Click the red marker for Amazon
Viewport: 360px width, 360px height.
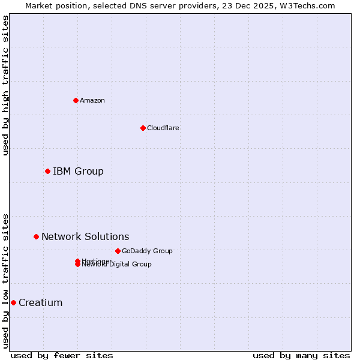pos(76,100)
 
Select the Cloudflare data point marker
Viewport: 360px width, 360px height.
pos(143,128)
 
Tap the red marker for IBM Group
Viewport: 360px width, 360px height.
pos(47,172)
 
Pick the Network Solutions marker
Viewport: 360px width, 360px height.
pos(36,237)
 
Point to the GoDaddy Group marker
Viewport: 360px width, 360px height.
pos(118,251)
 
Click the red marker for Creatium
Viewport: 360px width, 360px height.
pos(13,302)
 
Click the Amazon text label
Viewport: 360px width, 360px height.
pos(92,100)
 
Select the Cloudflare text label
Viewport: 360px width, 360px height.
pos(163,128)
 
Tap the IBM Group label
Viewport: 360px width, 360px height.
pos(78,172)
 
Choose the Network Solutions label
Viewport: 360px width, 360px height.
pos(85,237)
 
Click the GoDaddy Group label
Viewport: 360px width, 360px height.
pos(147,251)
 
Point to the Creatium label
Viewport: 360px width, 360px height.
pos(40,302)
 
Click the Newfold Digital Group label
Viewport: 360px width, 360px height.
pos(118,265)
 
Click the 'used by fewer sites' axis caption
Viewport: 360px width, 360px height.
pos(62,355)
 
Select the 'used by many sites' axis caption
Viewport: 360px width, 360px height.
pos(301,355)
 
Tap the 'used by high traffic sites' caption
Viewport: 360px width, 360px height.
pos(6,85)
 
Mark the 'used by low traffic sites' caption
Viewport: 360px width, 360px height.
pos(6,280)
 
